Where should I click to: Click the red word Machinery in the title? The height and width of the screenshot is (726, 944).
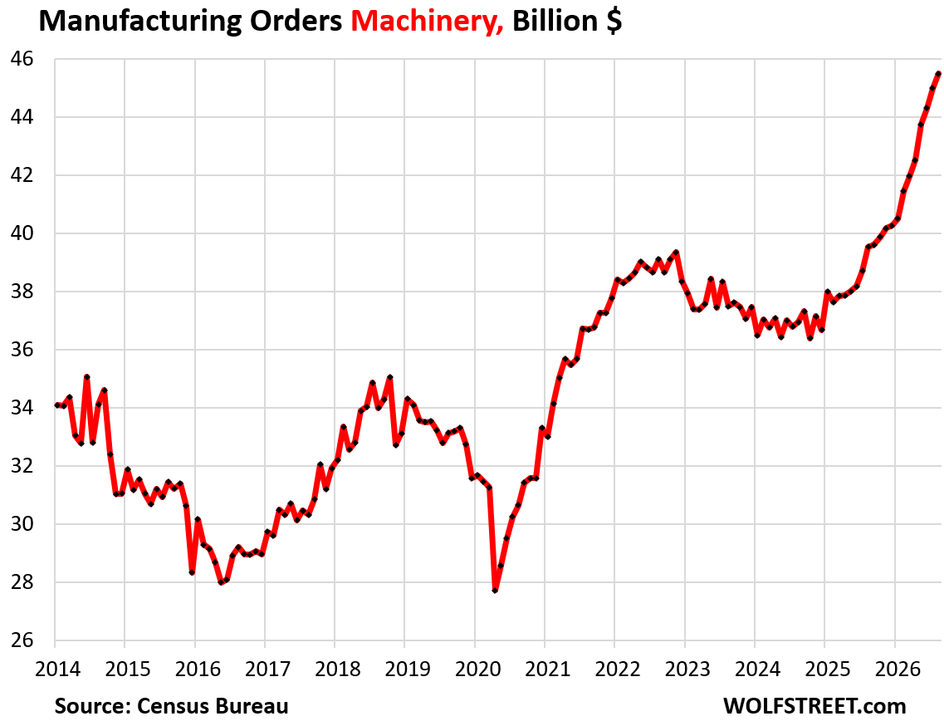[427, 21]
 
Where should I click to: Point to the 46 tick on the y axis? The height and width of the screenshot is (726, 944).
[22, 59]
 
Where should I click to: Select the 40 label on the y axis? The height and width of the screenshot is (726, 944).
[22, 233]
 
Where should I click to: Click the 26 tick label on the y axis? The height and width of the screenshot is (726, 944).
[22, 640]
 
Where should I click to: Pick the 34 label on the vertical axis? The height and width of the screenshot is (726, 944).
[22, 408]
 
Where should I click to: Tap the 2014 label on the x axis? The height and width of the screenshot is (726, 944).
[58, 669]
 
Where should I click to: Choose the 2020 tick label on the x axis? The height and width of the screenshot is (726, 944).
[477, 669]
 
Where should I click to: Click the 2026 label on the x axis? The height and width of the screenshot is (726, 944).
[898, 669]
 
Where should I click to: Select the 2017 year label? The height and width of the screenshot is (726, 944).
[268, 669]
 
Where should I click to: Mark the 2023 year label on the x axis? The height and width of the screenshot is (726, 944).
[687, 669]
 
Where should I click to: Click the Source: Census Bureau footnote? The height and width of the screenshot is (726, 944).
[172, 706]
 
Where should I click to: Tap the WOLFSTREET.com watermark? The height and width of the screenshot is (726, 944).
[814, 706]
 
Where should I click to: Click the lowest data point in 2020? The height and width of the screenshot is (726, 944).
[495, 591]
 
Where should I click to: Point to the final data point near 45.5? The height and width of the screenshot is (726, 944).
[938, 73]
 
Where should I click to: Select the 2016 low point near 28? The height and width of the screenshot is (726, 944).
[221, 582]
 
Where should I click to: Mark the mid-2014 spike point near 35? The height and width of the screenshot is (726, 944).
[86, 377]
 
